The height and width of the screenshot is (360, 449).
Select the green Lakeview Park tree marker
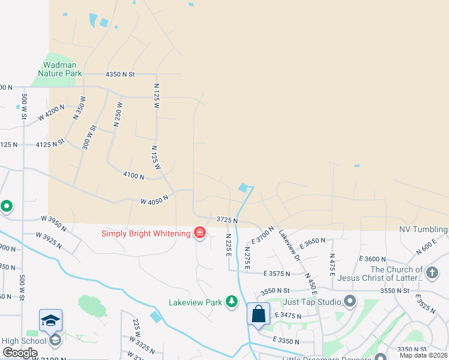coord(232,302)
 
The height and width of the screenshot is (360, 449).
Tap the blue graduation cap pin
coord(51,320)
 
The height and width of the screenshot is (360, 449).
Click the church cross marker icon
coord(432,273)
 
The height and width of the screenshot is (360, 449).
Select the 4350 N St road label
coord(121,74)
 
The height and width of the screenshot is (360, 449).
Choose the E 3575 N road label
coord(277,274)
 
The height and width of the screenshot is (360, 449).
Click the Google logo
coord(20,353)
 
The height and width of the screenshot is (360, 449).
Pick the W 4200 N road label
coord(52,113)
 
